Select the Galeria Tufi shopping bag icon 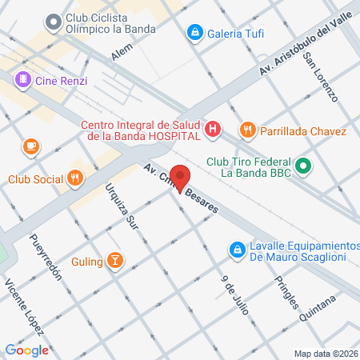click(194, 33)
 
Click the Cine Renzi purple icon click(22, 80)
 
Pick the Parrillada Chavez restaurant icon click(248, 130)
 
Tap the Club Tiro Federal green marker click(303, 167)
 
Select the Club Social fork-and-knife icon click(75, 178)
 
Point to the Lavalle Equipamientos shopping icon click(237, 250)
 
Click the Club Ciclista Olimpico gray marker click(54, 22)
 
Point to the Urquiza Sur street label click(122, 206)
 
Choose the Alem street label click(122, 51)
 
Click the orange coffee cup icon click(30, 146)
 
